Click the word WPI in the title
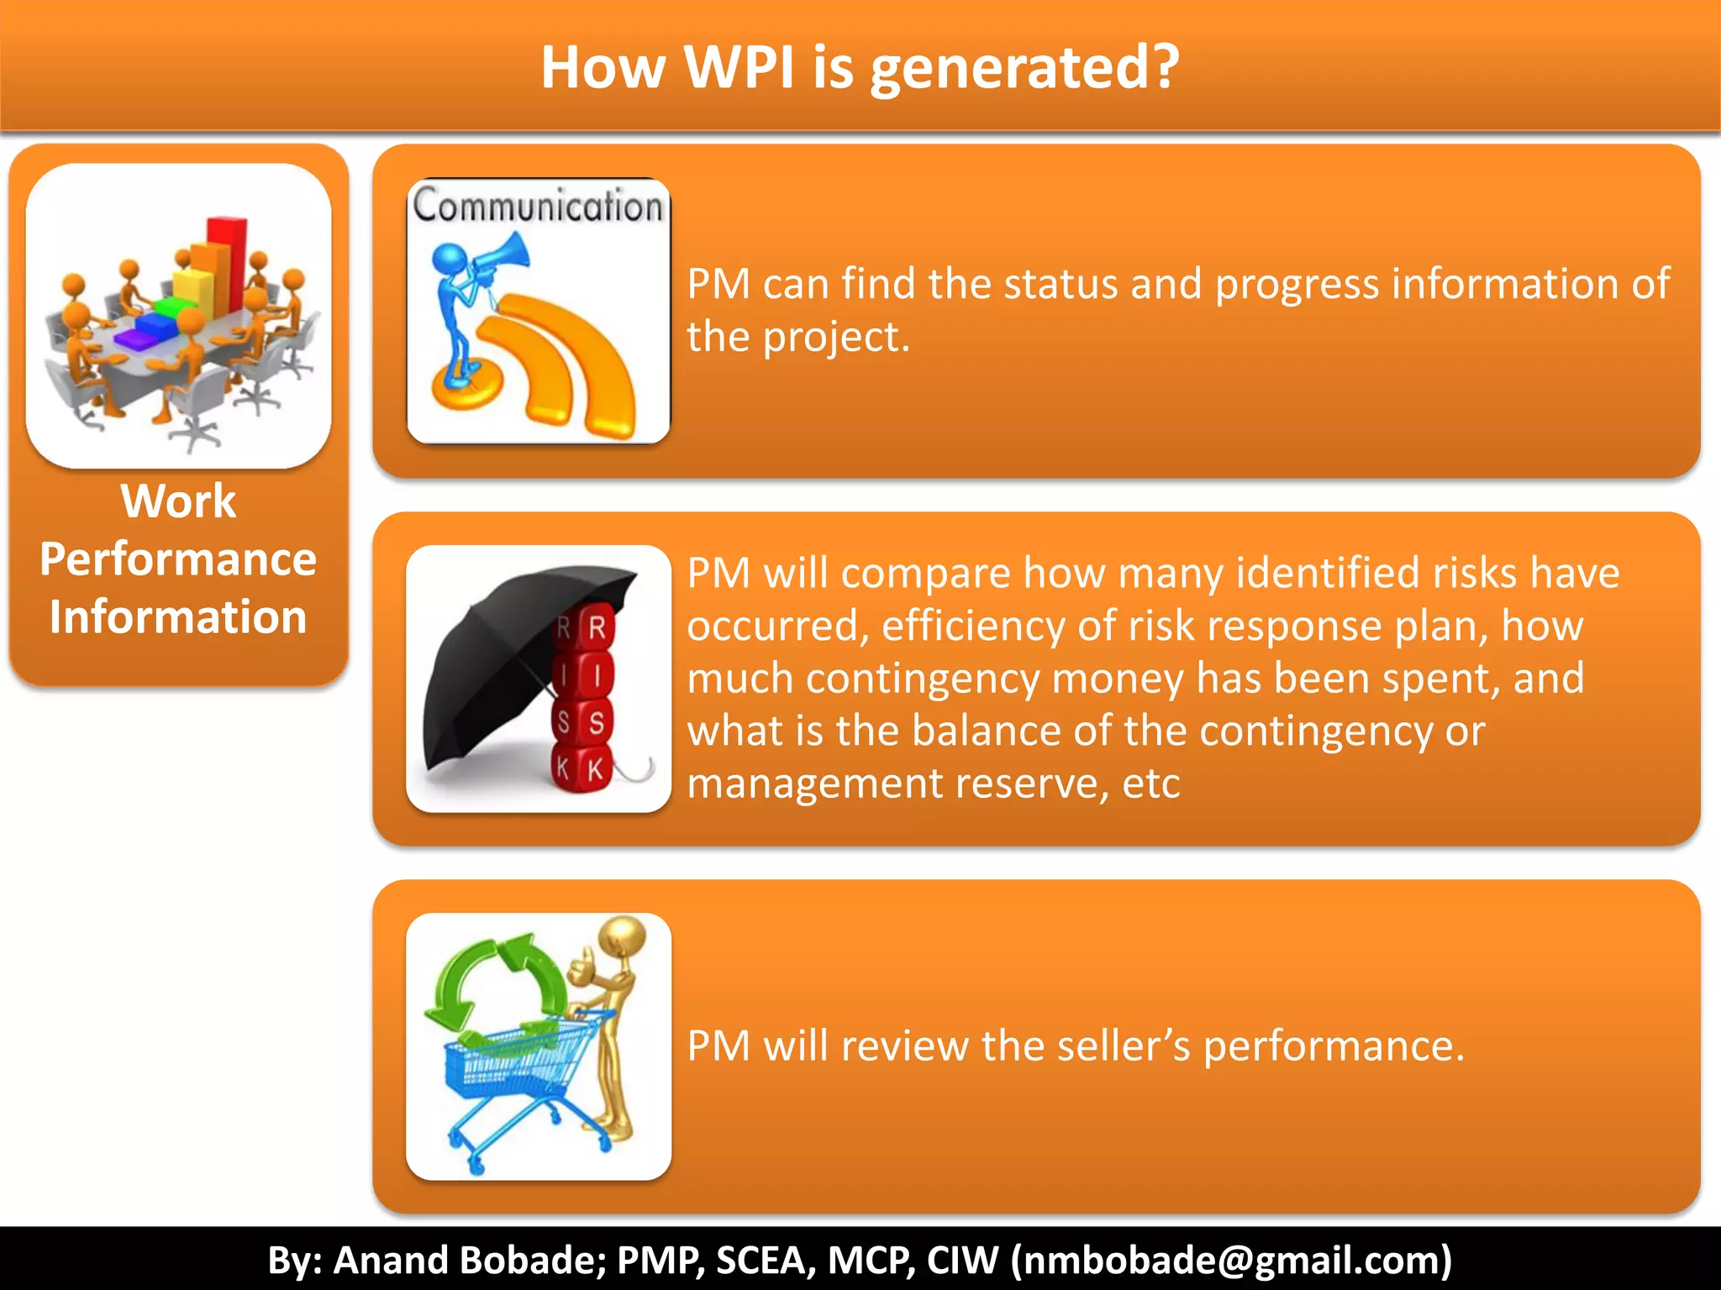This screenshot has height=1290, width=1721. coord(739,67)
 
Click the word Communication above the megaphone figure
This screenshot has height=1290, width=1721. coord(538,207)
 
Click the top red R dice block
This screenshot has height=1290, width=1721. coord(597,627)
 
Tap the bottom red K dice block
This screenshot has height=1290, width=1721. coord(595,768)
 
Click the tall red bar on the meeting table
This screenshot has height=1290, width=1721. coord(227,260)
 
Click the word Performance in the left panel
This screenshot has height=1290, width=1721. coord(178,559)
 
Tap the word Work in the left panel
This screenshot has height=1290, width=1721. coord(178,501)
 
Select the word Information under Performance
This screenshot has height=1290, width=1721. coord(178,617)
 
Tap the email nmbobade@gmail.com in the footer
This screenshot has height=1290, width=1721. coord(1231,1260)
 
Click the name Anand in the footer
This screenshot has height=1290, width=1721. coord(390,1260)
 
